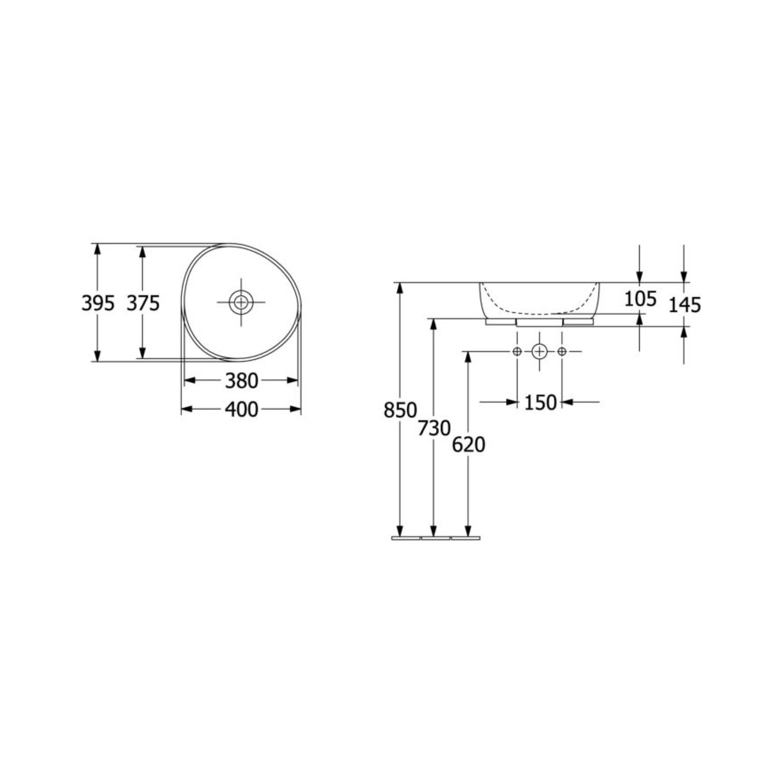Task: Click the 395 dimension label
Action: coord(98,303)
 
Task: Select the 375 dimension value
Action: coord(143,303)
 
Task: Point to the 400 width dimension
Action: coord(242,410)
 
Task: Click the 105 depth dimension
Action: coord(640,299)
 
